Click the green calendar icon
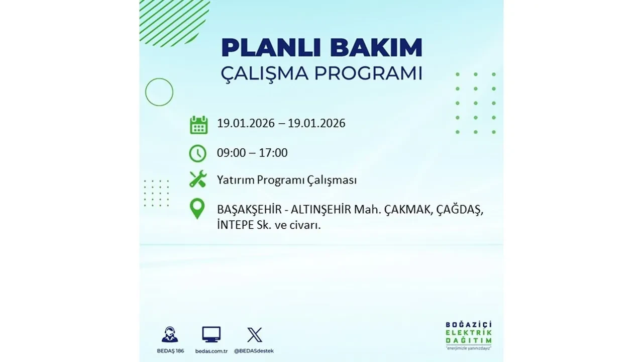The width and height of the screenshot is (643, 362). click(x=198, y=125)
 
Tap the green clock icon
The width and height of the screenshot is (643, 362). click(x=197, y=153)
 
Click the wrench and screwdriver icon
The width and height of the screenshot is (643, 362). click(x=198, y=179)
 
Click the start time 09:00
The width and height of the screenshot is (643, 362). click(x=232, y=153)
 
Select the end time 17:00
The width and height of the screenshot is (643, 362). click(x=273, y=153)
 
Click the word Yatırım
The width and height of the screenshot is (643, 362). click(x=235, y=179)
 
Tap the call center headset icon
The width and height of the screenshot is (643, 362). click(x=169, y=335)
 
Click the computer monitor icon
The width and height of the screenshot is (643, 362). click(x=211, y=334)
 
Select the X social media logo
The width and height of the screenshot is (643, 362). click(x=255, y=334)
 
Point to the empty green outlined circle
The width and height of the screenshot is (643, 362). click(x=159, y=92)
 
